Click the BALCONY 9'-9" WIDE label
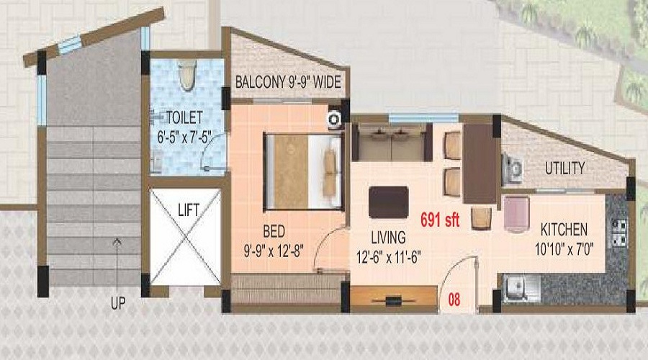(x=288, y=82)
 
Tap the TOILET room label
(x=184, y=118)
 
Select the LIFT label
(x=189, y=210)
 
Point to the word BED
(x=274, y=231)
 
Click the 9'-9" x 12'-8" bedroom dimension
(x=274, y=251)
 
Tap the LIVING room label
(x=388, y=238)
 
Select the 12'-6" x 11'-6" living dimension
(x=389, y=257)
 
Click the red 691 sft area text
(x=440, y=220)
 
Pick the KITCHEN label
(x=564, y=230)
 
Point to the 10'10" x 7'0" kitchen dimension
(x=564, y=249)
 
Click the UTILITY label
(x=565, y=168)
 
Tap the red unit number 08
(x=454, y=300)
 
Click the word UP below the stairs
(x=118, y=303)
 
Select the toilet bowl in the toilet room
(x=188, y=75)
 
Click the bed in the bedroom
(x=303, y=171)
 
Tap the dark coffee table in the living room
(x=389, y=202)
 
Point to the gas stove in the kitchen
(x=619, y=233)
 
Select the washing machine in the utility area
(x=512, y=168)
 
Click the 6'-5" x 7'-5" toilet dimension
(x=184, y=137)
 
